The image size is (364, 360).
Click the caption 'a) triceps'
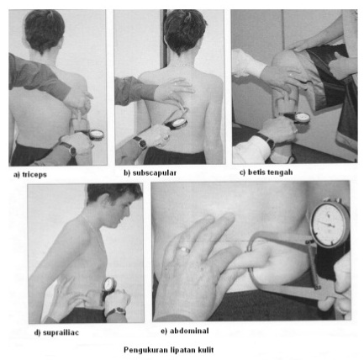coord(30,174)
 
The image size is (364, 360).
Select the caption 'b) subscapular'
coord(150,172)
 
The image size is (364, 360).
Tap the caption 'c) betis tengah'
coord(266,172)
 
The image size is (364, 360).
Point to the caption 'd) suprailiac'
coord(56,332)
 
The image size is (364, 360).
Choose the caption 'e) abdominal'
coord(185,331)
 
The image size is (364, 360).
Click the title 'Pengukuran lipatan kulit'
coord(169,350)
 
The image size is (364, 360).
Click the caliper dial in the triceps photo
coord(97,135)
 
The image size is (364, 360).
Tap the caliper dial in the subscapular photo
coord(179,123)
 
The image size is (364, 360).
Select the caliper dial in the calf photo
coord(303,118)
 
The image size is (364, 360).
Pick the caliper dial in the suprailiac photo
coord(109,284)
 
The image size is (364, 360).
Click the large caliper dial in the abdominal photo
coord(330,224)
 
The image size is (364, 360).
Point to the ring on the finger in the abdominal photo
coord(185,249)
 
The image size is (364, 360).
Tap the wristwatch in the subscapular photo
coord(140,142)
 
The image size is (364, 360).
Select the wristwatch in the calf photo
coord(266,140)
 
